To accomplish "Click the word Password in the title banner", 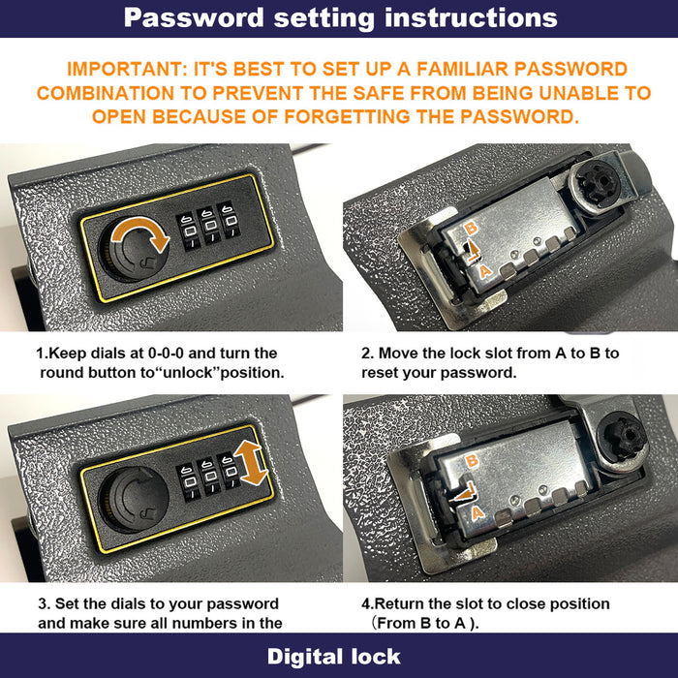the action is tap(194, 18).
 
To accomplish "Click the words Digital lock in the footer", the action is tap(334, 657).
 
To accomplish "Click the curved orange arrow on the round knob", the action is tap(140, 234).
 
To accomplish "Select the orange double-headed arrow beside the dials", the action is tap(251, 463).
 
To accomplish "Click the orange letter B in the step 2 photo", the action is tap(472, 228).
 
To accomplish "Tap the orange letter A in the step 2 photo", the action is tap(485, 271).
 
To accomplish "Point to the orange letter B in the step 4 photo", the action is tap(473, 460).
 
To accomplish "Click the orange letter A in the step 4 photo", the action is tap(478, 513).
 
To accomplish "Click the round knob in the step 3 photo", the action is tap(134, 500).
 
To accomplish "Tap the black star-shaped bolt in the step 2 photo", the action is tap(599, 183).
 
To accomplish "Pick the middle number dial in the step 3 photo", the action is tap(209, 477).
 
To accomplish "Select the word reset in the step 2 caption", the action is tap(380, 373).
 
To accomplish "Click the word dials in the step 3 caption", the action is tap(130, 603).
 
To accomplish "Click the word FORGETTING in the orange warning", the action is tap(347, 117).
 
